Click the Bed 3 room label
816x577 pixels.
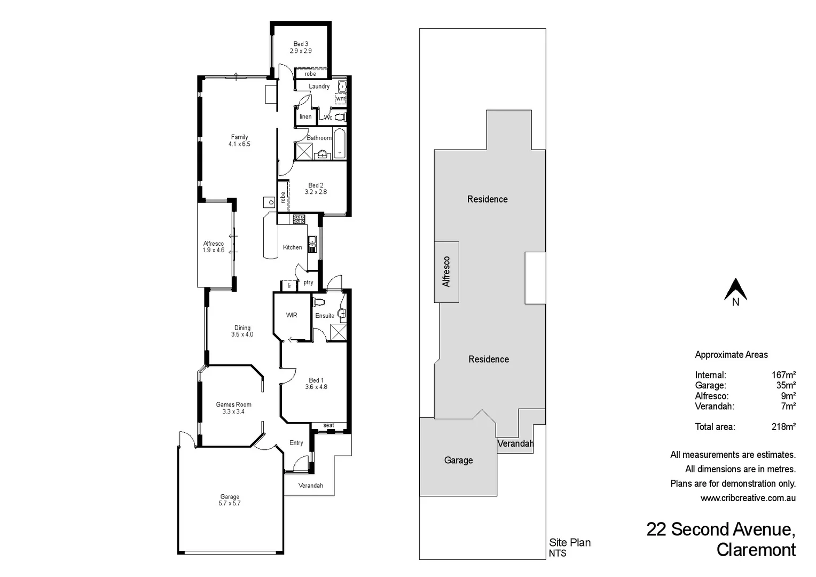point(301,44)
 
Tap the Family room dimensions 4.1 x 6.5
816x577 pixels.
point(239,144)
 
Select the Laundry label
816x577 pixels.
point(319,87)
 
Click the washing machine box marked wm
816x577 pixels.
point(340,99)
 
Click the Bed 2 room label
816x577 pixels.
point(316,185)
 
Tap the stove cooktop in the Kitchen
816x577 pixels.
point(299,219)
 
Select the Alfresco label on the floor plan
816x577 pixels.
point(213,244)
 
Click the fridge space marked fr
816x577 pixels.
point(289,286)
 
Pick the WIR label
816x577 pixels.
point(292,315)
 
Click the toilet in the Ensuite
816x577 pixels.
point(319,302)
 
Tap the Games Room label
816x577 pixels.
point(233,404)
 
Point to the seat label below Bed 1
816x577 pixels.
point(328,426)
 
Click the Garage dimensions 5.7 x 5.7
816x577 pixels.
point(230,503)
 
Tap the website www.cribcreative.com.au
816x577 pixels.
point(748,498)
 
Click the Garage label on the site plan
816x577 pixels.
point(458,460)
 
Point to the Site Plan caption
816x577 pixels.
point(570,543)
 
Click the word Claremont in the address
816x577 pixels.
point(756,550)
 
